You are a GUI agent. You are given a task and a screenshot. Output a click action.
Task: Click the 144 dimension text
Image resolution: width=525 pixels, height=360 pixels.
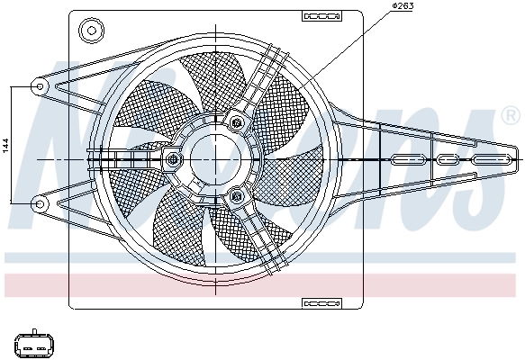(5, 144)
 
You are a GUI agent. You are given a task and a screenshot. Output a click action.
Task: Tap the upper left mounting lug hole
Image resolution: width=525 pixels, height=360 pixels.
(39, 86)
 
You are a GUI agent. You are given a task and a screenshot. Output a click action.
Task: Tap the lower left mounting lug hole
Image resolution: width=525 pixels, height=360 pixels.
(39, 203)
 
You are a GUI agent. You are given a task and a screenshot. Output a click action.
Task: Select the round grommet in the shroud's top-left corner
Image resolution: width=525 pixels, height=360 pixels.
(90, 31)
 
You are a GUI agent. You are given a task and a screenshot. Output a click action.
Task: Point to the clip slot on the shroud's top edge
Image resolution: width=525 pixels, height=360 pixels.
(317, 15)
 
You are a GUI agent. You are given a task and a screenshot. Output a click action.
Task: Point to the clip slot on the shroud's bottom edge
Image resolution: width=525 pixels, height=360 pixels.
(317, 302)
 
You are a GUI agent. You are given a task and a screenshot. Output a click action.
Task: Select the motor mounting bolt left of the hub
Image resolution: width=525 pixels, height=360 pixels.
(172, 160)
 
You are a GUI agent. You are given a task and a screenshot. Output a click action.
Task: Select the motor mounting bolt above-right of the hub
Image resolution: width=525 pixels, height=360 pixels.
(236, 122)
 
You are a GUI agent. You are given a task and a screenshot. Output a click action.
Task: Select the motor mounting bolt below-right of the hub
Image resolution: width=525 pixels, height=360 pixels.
(236, 195)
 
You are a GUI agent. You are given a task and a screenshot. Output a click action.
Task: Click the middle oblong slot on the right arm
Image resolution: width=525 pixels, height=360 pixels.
(448, 160)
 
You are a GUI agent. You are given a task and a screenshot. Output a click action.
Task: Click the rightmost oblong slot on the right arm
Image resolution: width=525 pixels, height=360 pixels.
(492, 160)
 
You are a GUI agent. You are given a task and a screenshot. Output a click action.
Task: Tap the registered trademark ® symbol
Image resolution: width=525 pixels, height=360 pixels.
(509, 115)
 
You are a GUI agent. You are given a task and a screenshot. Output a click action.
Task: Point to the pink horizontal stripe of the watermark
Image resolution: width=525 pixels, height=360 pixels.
(261, 284)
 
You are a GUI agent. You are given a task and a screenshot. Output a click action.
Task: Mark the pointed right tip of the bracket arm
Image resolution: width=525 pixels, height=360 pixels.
(520, 158)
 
